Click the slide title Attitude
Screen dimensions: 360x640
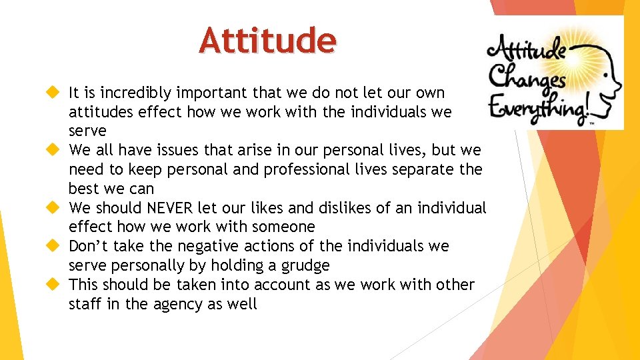click(x=267, y=40)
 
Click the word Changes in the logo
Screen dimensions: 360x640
click(x=527, y=80)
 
